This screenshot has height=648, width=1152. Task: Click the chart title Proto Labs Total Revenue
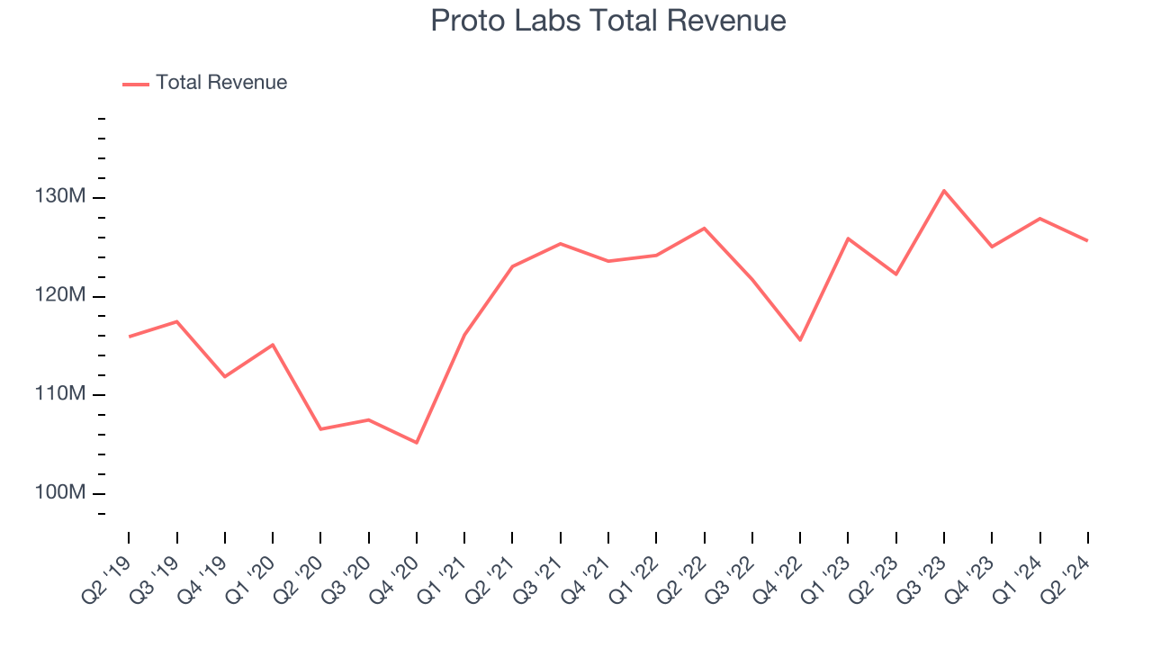[x=608, y=21]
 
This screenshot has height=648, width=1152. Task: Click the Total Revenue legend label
[x=221, y=83]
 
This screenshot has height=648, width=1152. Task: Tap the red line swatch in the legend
[x=136, y=84]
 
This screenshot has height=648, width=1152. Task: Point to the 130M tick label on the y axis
[x=61, y=197]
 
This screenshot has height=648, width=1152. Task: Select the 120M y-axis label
[x=61, y=296]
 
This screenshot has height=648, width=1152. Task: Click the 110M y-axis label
[x=61, y=394]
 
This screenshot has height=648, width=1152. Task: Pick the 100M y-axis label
[x=61, y=493]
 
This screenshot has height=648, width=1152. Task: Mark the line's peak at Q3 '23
[x=944, y=191]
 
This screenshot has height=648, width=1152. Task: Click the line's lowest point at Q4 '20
[x=417, y=443]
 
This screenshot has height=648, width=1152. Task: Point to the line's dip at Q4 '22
[x=800, y=340]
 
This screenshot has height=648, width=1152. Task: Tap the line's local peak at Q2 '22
[x=704, y=228]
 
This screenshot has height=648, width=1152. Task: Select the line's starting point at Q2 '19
[x=129, y=337]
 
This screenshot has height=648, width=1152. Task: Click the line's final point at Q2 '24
[x=1087, y=240]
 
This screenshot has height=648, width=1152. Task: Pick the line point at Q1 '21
[x=464, y=335]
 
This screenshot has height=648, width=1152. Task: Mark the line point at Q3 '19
[x=176, y=321]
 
